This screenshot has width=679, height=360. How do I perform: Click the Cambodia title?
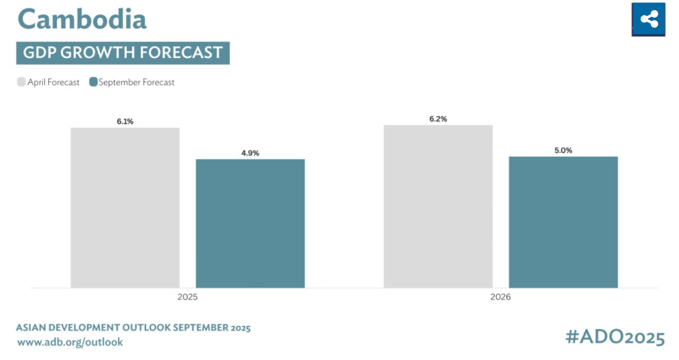point(82,19)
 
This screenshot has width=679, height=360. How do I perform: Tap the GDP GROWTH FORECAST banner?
point(123,53)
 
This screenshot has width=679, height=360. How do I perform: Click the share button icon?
point(649,20)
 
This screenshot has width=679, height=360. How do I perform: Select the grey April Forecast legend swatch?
point(21,82)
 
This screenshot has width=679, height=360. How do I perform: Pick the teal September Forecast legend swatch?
point(93,82)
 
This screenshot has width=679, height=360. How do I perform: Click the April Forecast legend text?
point(53,82)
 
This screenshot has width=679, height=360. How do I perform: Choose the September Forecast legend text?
point(136,82)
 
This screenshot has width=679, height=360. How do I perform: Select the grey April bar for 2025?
point(125,207)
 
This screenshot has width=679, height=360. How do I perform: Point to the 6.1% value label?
point(125,122)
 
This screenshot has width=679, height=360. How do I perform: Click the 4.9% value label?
point(250,153)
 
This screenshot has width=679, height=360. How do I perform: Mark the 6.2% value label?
point(438,119)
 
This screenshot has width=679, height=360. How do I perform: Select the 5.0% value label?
point(563,150)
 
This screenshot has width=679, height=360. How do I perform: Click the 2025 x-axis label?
point(187,297)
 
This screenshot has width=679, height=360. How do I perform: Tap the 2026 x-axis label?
point(500,297)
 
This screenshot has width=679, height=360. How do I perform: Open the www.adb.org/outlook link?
point(70,342)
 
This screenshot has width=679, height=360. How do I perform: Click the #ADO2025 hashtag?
point(615,337)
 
